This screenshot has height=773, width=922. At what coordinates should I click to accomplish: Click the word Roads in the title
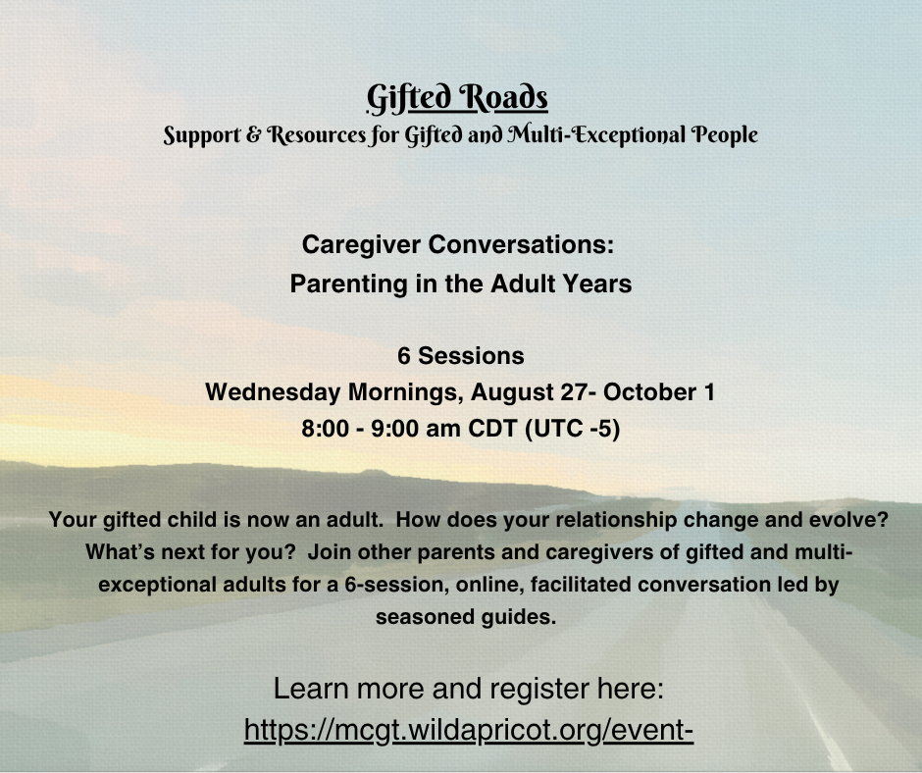[x=503, y=98]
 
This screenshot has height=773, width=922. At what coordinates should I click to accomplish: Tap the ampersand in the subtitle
[x=253, y=134]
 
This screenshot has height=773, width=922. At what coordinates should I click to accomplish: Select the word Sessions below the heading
[x=471, y=356]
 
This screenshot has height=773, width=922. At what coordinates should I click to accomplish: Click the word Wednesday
[x=273, y=392]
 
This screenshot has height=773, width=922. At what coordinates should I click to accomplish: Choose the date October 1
[x=659, y=392]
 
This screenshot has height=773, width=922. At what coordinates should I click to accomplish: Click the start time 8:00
[x=326, y=429]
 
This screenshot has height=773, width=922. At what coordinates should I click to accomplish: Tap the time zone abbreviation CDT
[x=492, y=429]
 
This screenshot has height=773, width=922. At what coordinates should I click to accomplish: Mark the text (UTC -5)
[x=572, y=429]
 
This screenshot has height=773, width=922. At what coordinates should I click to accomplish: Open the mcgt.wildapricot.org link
[x=469, y=730]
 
